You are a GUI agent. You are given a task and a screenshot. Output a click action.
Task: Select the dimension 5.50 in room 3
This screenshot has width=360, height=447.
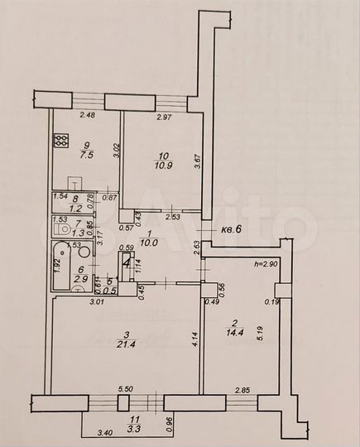coord(126,390)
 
